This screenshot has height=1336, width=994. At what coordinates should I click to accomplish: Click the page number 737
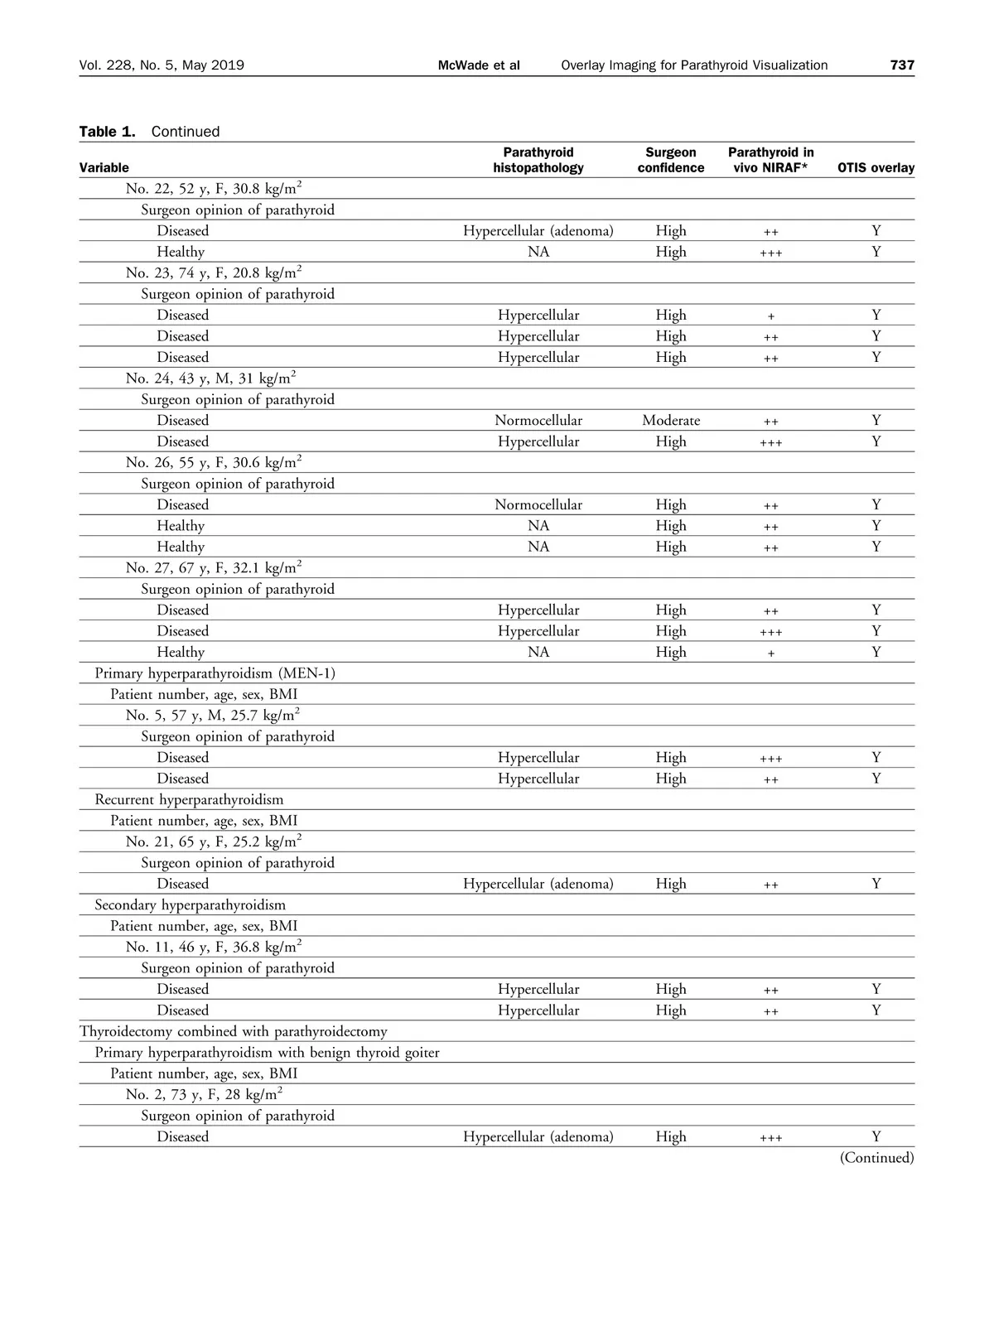[x=902, y=65]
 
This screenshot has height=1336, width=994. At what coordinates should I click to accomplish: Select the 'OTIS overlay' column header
[x=876, y=168]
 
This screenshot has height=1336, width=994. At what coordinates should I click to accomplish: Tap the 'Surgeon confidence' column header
[x=671, y=160]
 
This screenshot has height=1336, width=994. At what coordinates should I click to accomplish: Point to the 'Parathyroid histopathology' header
[x=538, y=160]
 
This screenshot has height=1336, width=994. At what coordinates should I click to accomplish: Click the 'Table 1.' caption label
[x=107, y=132]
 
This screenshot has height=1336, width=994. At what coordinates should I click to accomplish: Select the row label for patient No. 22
[x=213, y=189]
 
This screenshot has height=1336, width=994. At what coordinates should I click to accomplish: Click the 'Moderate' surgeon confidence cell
[x=671, y=421]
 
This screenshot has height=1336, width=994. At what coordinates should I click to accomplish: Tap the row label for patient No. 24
[x=210, y=379]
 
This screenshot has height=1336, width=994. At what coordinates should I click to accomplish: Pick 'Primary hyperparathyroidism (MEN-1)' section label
[x=215, y=673]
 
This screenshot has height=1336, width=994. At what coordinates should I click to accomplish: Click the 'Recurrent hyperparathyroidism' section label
[x=189, y=800]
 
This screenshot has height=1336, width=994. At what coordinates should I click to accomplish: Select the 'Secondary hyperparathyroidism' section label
[x=190, y=905]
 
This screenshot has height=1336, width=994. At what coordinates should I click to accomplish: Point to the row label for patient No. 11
[x=213, y=947]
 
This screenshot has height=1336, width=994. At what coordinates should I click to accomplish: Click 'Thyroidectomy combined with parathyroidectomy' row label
[x=233, y=1032]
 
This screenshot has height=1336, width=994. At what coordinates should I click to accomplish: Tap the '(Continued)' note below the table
[x=876, y=1158]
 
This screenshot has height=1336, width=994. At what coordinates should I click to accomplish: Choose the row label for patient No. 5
[x=212, y=716]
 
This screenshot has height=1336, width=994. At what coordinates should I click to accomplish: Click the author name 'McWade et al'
[x=479, y=65]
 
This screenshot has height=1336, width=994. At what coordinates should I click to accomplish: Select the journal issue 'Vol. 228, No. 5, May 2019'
[x=162, y=65]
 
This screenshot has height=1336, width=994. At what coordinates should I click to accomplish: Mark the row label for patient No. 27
[x=213, y=568]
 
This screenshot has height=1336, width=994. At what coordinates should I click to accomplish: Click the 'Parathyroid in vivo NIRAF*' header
[x=770, y=160]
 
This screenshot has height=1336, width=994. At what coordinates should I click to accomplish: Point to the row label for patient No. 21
[x=213, y=842]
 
